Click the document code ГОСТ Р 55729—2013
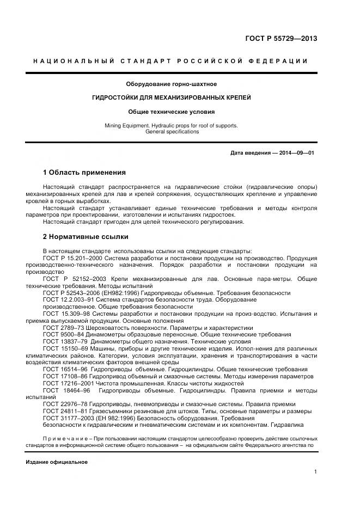click(281, 39)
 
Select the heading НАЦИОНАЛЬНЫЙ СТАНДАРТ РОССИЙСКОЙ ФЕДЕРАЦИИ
click(170, 61)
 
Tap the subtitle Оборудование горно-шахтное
click(172, 84)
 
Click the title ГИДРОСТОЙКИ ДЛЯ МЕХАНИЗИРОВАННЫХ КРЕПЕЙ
click(172, 97)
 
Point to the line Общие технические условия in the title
click(172, 112)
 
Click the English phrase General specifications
click(172, 132)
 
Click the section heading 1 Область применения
click(84, 173)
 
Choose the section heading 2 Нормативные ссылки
click(86, 237)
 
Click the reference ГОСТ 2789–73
click(63, 328)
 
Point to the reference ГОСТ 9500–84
click(63, 335)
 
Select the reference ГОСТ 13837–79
click(64, 342)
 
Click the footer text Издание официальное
click(57, 462)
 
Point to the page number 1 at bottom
click(315, 472)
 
